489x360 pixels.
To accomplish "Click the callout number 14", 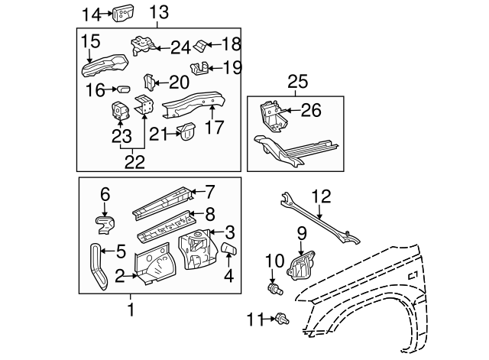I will (91, 13).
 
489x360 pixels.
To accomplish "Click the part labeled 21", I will (186, 132).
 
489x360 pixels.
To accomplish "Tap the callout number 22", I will (134, 161).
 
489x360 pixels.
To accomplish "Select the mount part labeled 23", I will (121, 112).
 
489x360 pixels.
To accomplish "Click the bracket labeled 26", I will (273, 114).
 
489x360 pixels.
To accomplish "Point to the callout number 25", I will (296, 81).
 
